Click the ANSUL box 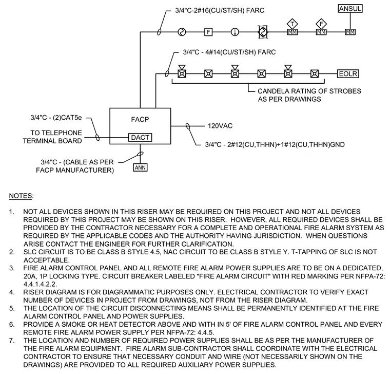point(350,9)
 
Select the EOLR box point(348,74)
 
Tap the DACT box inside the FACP point(140,138)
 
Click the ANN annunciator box point(140,167)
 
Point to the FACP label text point(140,120)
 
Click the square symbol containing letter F point(208,32)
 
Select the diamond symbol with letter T point(292,24)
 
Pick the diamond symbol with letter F point(321,24)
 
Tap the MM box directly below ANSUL point(350,32)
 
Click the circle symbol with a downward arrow point(235,32)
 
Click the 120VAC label point(220,126)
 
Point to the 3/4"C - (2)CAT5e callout point(56,118)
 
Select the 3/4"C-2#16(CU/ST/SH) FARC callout point(220,10)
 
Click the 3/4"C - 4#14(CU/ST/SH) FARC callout point(229,52)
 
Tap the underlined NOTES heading point(21,196)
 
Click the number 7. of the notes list point(12,341)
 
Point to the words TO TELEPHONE point(56,133)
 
